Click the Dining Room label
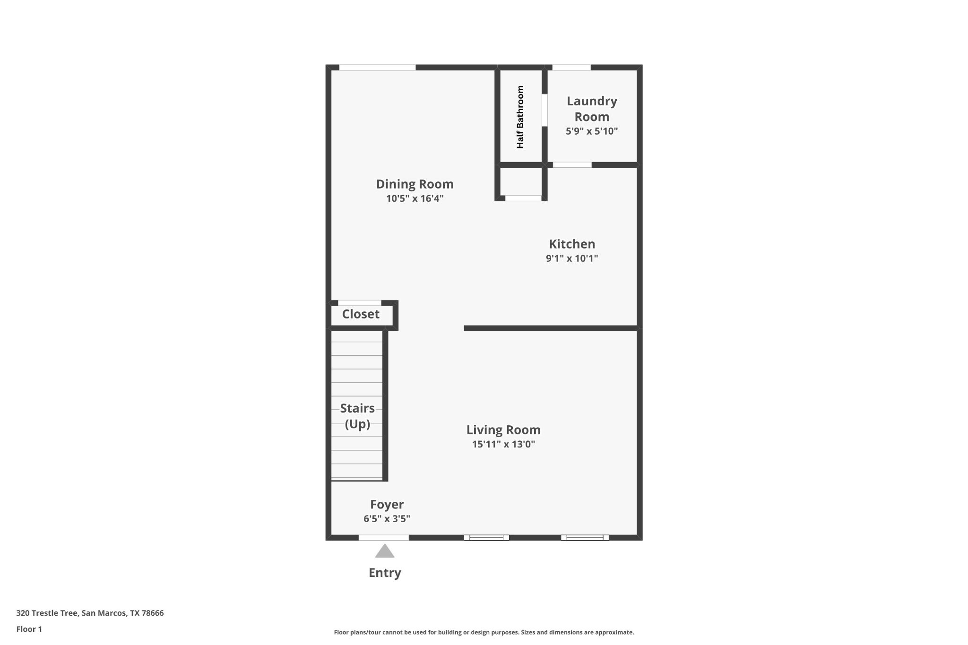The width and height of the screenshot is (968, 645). point(415,184)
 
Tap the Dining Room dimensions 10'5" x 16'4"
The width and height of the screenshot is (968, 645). point(415,198)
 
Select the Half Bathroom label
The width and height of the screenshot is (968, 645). point(520,117)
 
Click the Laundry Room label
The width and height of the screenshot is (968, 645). point(592,109)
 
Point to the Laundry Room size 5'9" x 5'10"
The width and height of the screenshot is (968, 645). point(592,131)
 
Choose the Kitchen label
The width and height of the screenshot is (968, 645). point(572,244)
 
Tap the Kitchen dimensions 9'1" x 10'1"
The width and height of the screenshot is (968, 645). point(572,258)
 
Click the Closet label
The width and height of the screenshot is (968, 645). point(361,314)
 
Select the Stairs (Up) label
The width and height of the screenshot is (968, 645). point(357,416)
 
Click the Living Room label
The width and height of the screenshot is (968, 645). point(503,430)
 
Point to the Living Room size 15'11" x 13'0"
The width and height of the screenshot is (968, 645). point(503,444)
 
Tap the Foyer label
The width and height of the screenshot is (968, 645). point(387,504)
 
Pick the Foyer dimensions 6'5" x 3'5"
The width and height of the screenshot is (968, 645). point(387,519)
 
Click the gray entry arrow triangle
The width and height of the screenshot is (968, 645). point(385,551)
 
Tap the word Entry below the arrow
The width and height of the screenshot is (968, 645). point(385,573)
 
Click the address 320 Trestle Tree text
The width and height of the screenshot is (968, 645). point(90,613)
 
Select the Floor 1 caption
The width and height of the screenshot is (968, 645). point(29,629)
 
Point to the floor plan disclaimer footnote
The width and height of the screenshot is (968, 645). point(484,632)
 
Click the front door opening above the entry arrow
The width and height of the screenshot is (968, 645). point(384,537)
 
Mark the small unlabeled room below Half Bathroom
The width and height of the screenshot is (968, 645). point(521,181)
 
